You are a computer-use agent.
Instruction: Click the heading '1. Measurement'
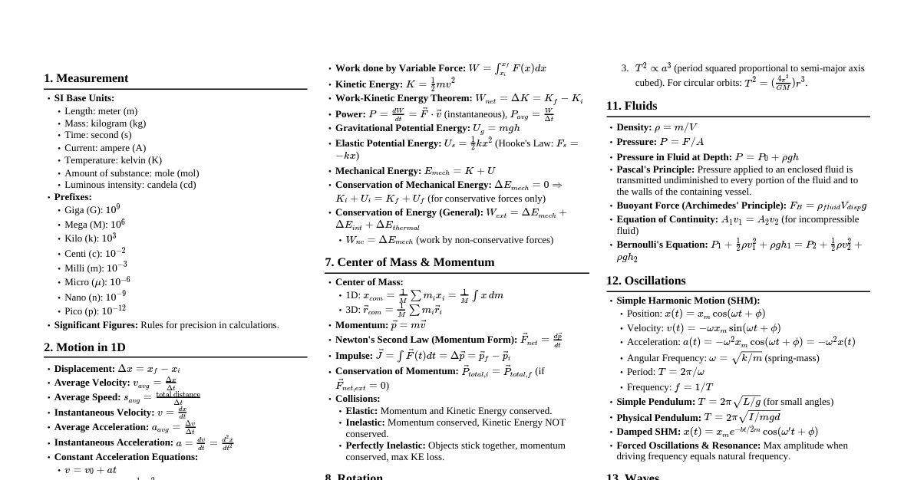(x=86, y=78)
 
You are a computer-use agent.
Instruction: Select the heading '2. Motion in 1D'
(x=84, y=347)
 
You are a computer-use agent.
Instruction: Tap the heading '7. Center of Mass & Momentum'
(x=409, y=262)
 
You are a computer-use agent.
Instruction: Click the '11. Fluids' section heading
(x=632, y=106)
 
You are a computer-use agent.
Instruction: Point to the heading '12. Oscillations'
(x=645, y=281)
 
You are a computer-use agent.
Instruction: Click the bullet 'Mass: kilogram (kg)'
(x=105, y=123)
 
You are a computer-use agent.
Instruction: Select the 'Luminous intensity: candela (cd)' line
(x=130, y=185)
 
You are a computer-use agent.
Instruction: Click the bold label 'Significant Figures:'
(x=96, y=325)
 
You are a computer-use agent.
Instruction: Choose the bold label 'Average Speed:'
(x=87, y=397)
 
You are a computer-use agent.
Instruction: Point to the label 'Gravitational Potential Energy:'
(x=402, y=128)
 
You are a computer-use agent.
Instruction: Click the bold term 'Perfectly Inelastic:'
(x=385, y=445)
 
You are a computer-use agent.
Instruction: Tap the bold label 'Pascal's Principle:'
(x=655, y=169)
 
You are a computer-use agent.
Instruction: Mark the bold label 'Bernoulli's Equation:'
(x=662, y=245)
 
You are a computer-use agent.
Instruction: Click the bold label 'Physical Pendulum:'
(x=658, y=417)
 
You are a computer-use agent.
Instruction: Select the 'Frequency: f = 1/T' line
(x=669, y=387)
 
